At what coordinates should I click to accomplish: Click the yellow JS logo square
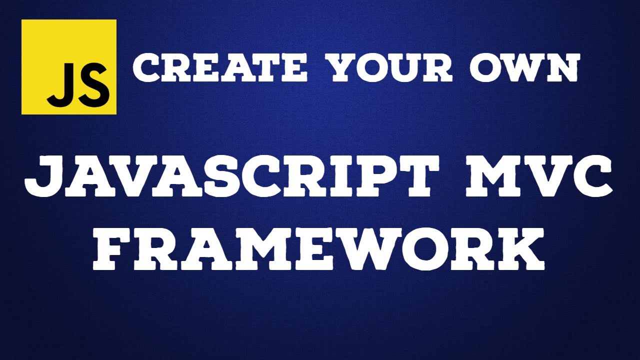[69, 67]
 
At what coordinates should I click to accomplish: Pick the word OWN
[524, 69]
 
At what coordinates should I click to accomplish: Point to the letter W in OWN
[524, 69]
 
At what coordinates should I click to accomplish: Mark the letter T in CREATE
[268, 69]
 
